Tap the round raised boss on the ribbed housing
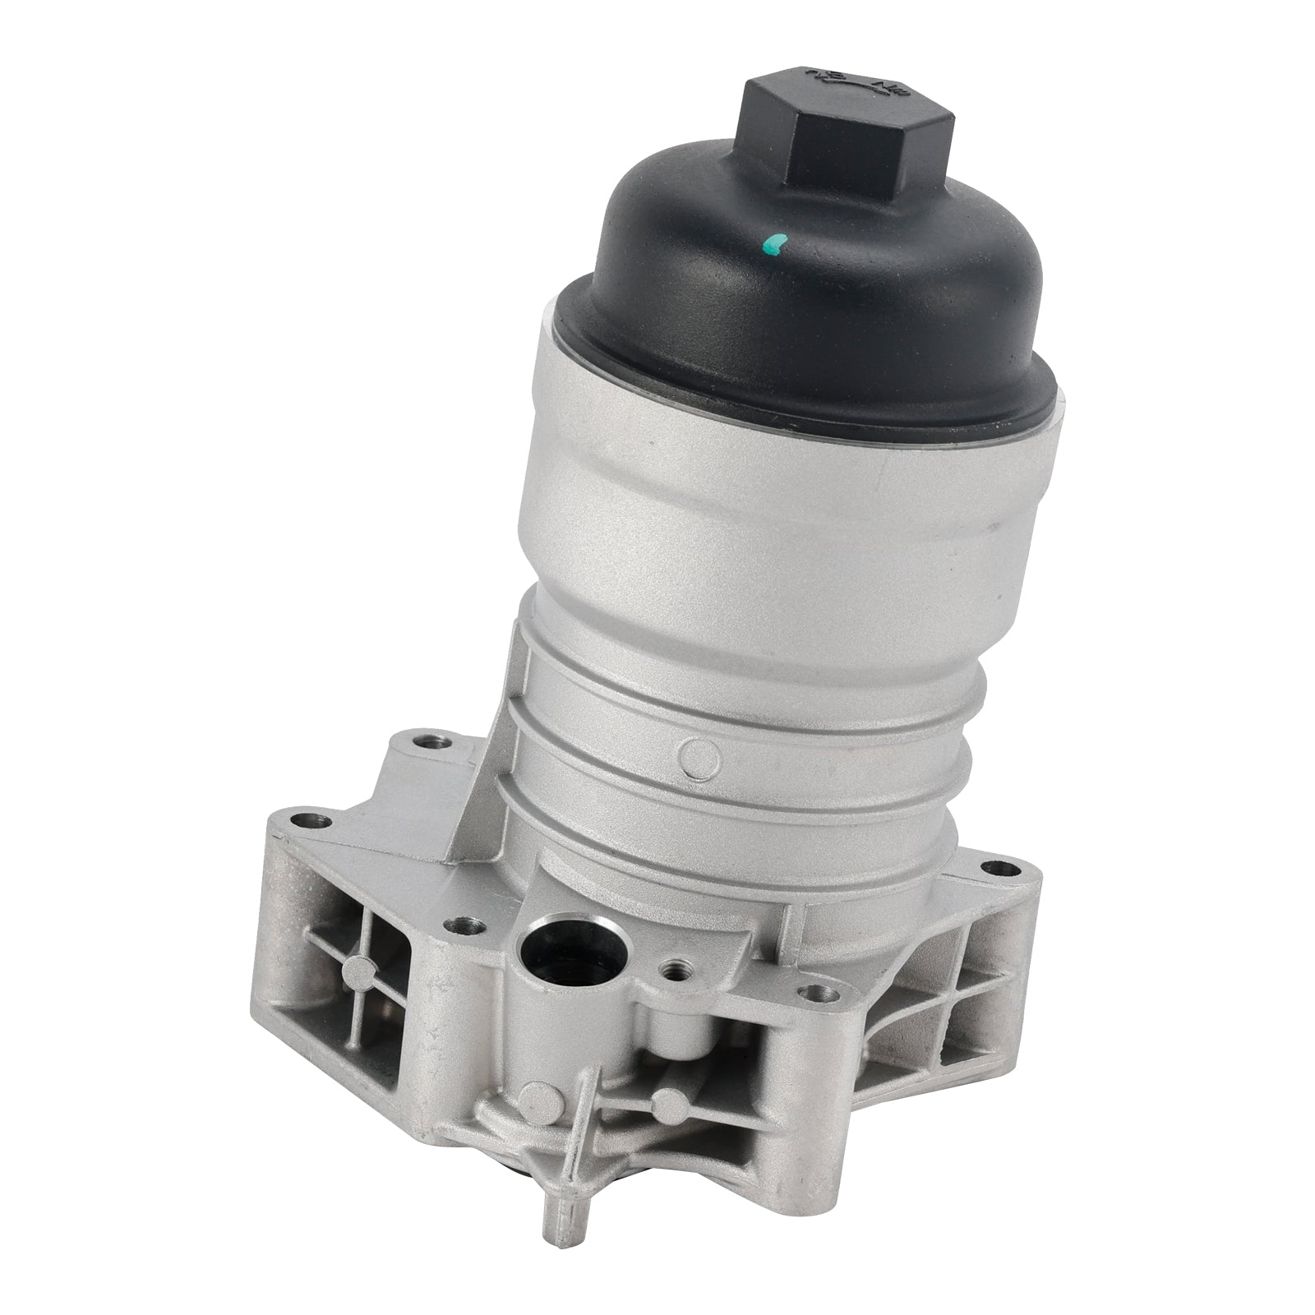[x=698, y=754]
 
